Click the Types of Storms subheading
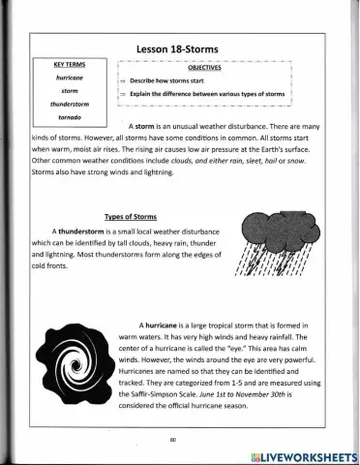click(x=130, y=217)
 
